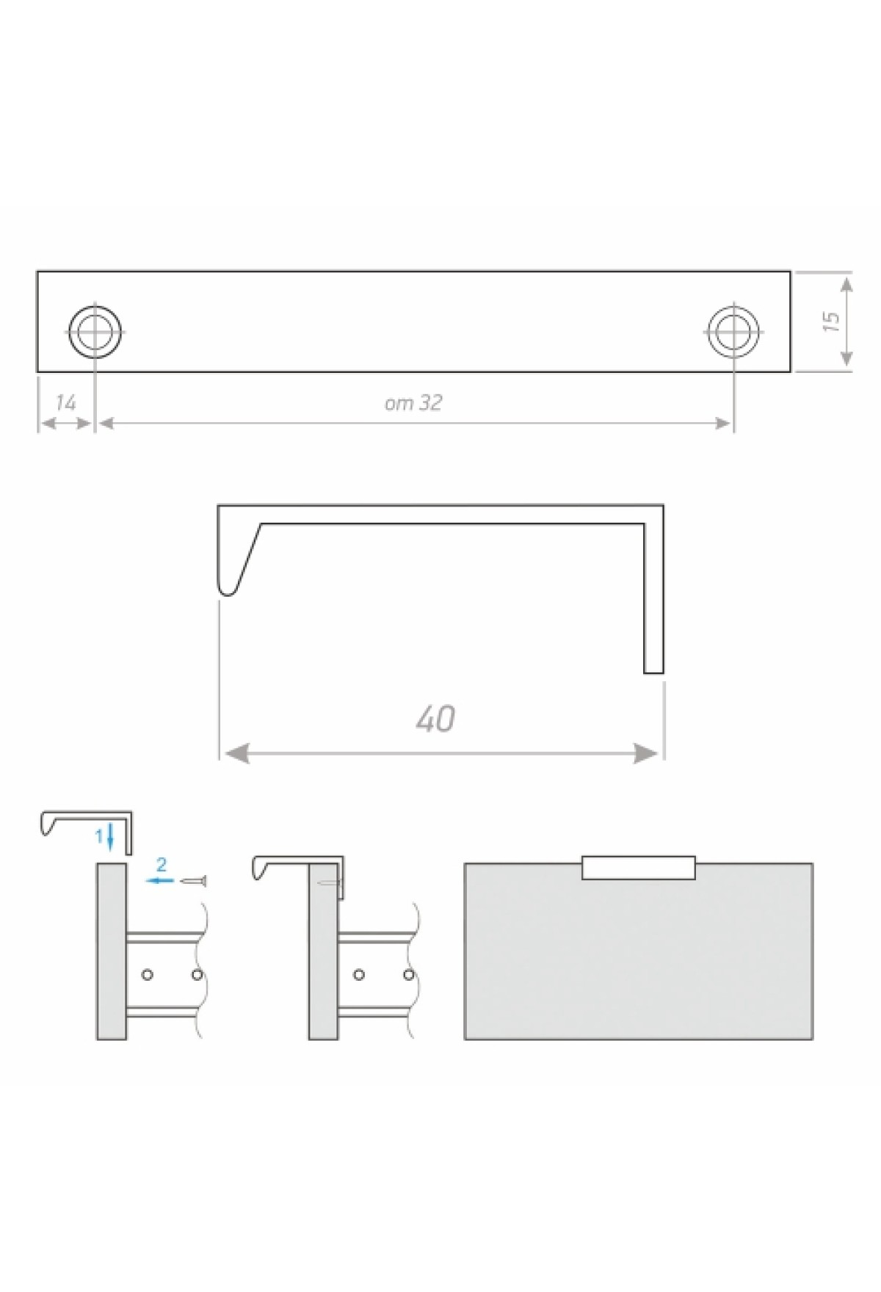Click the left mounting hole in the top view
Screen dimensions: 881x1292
95,330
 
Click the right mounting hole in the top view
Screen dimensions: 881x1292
733,330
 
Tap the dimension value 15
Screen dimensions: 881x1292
831,322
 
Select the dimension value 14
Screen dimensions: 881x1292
66,402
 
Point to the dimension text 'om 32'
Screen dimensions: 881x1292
413,403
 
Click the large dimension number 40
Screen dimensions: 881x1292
435,719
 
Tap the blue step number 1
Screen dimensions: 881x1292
99,835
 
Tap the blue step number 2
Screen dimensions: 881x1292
162,865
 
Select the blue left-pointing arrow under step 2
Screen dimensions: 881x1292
160,879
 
